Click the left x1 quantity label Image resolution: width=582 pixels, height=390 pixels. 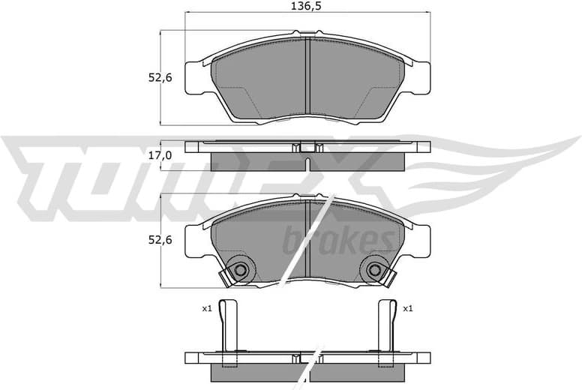[207, 308]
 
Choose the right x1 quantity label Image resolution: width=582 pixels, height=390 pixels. [408, 308]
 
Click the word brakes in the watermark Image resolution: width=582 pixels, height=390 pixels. [338, 241]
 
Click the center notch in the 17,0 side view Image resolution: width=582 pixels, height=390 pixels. [308, 147]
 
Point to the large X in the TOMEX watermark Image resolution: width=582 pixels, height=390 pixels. [345, 176]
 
